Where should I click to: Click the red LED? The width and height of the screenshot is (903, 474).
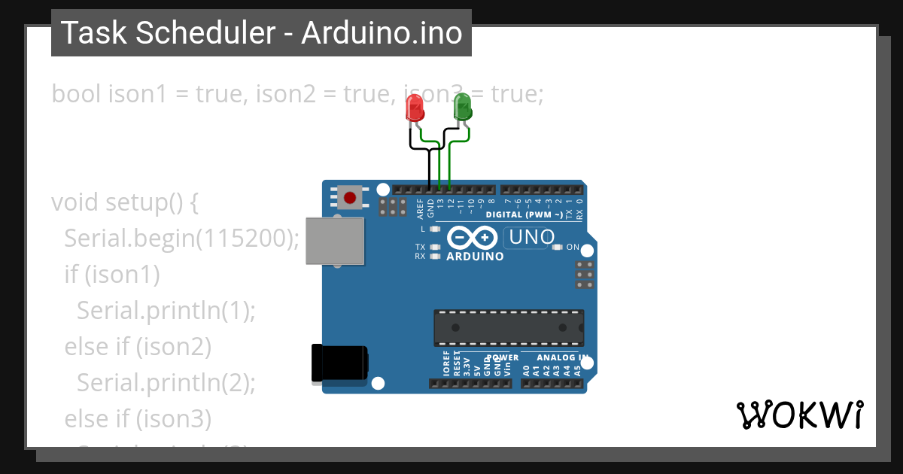[x=415, y=108]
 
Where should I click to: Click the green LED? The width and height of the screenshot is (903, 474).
[x=462, y=107]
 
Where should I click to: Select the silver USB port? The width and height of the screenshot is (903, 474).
[x=334, y=241]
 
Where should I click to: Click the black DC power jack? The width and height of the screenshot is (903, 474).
[x=339, y=364]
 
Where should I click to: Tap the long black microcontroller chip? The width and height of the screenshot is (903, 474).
[x=508, y=327]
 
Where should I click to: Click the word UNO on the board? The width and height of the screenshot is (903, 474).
[x=532, y=237]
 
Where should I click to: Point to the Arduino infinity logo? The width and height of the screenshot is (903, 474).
[x=473, y=238]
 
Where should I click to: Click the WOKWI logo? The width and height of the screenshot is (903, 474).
[x=799, y=415]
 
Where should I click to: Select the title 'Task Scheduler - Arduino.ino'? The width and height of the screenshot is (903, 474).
[x=261, y=33]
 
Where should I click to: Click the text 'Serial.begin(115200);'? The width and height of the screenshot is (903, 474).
[x=182, y=239]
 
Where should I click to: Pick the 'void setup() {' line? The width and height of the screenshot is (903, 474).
[x=125, y=202]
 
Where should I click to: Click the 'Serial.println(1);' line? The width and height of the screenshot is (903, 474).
[x=166, y=310]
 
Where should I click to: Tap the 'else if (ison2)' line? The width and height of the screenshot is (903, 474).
[x=138, y=346]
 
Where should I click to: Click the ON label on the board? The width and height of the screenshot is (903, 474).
[x=573, y=247]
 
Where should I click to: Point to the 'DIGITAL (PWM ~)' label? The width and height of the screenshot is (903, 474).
[x=524, y=214]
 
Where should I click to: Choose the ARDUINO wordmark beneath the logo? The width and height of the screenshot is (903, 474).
[x=475, y=256]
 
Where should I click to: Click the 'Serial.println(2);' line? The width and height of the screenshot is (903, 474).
[x=166, y=382]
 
